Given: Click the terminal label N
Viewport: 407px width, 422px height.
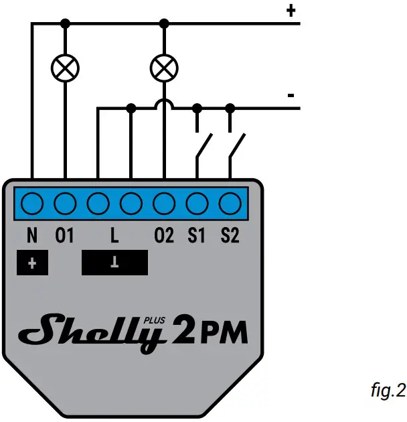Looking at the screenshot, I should tap(33, 235).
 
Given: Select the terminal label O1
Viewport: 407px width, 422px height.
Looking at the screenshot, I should tap(64, 235).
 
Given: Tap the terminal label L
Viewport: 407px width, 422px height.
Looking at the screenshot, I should tap(114, 235).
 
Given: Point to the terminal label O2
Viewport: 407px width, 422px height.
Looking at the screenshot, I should tap(163, 235).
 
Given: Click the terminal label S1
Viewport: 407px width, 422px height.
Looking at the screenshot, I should tap(197, 235).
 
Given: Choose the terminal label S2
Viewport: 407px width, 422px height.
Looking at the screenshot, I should tap(230, 235).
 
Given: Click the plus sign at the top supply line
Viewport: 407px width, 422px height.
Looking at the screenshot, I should tap(291, 10).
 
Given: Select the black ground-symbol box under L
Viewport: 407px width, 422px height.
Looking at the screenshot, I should tap(114, 263).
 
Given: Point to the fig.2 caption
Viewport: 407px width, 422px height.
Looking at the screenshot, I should tap(388, 391).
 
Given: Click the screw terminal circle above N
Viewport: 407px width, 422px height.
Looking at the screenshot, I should tap(33, 202).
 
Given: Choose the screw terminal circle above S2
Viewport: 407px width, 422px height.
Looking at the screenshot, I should tap(230, 202).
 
